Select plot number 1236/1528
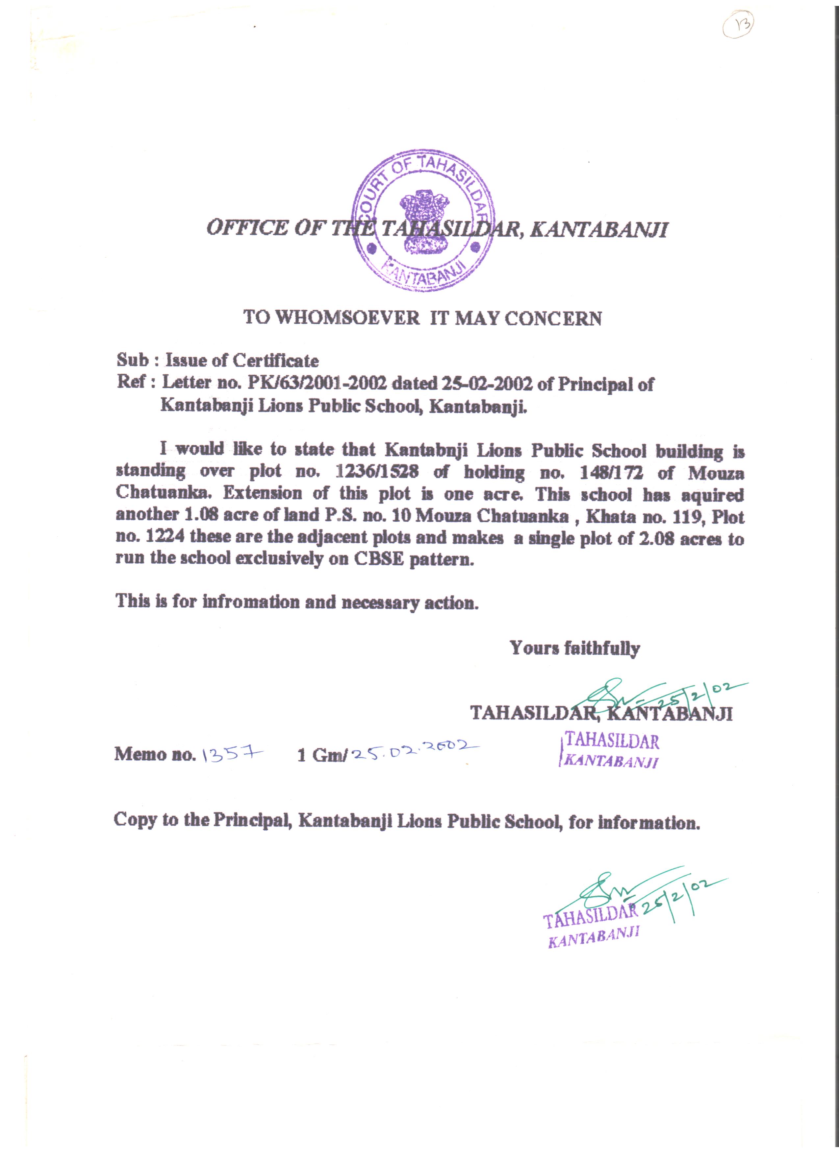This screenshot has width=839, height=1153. (x=377, y=472)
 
